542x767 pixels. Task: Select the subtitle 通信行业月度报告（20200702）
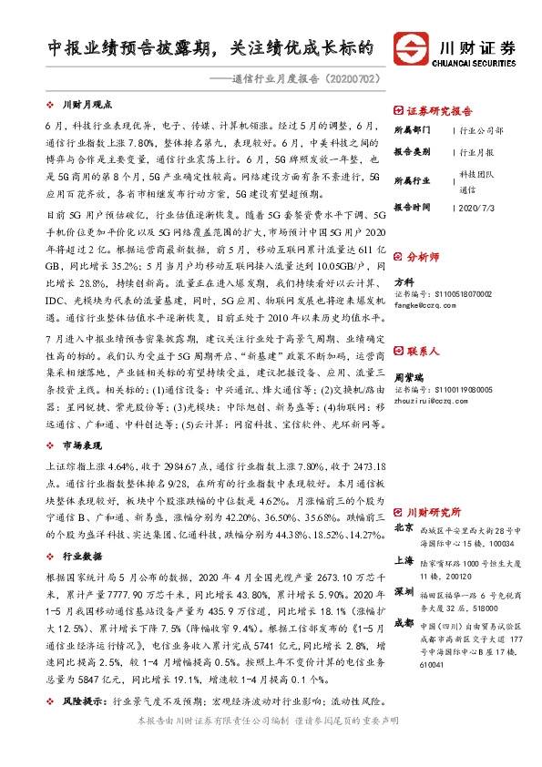pyautogui.click(x=306, y=80)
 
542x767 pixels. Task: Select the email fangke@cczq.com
pyautogui.click(x=426, y=306)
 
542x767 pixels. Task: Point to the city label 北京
pyautogui.click(x=404, y=527)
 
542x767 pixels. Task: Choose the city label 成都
pyautogui.click(x=404, y=622)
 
